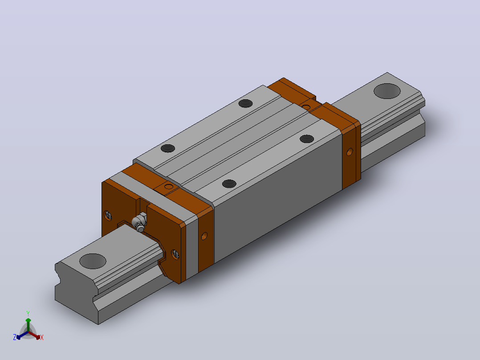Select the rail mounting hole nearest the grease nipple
(x=93, y=261)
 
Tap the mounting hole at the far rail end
(x=387, y=91)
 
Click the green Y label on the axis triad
(x=28, y=313)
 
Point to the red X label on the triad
(x=42, y=337)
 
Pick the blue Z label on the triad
(x=15, y=337)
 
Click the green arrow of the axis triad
(x=28, y=325)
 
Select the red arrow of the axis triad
(x=34, y=335)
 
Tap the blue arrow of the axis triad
(x=22, y=335)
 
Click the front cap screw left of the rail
(x=108, y=215)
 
